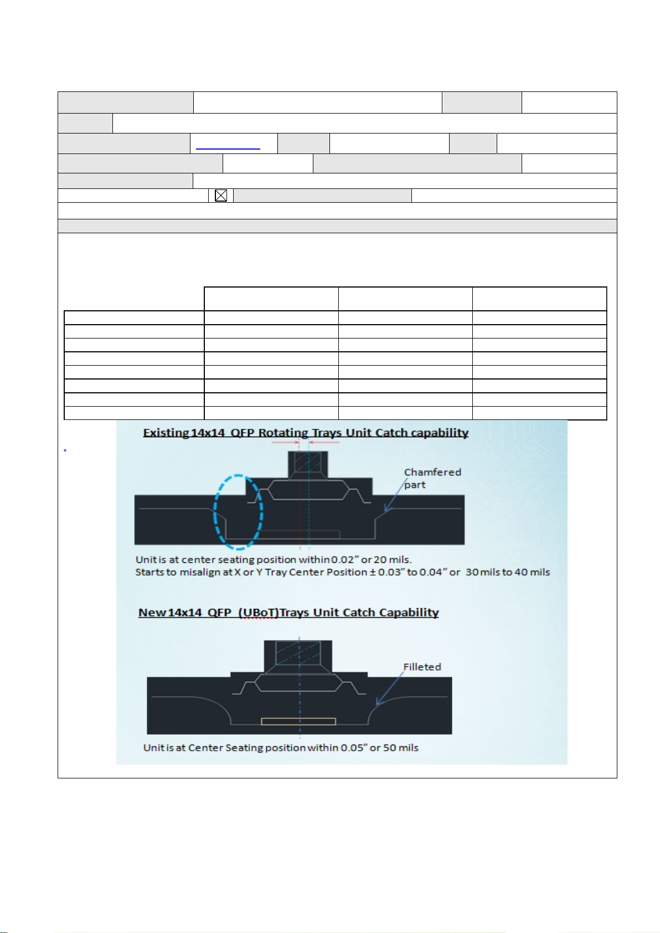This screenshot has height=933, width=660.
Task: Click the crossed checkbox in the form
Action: click(x=221, y=196)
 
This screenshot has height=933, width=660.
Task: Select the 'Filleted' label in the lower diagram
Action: click(x=422, y=667)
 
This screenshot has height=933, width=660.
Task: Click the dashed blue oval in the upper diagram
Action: click(x=238, y=511)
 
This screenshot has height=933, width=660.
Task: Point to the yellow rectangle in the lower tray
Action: click(x=298, y=721)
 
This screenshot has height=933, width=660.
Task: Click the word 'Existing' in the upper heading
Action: click(x=165, y=433)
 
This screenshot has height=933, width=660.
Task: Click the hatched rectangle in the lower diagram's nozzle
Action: click(x=298, y=653)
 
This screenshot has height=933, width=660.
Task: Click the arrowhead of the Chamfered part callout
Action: click(x=386, y=509)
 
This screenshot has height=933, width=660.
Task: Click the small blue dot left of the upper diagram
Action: click(x=65, y=450)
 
